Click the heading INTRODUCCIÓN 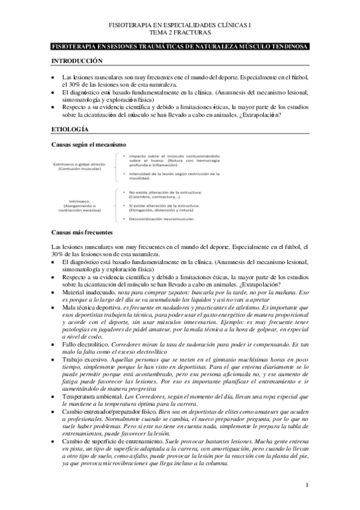click(x=78, y=61)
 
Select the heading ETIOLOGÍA click(x=70, y=129)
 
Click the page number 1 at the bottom click(x=307, y=485)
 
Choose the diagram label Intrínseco click(x=81, y=202)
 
